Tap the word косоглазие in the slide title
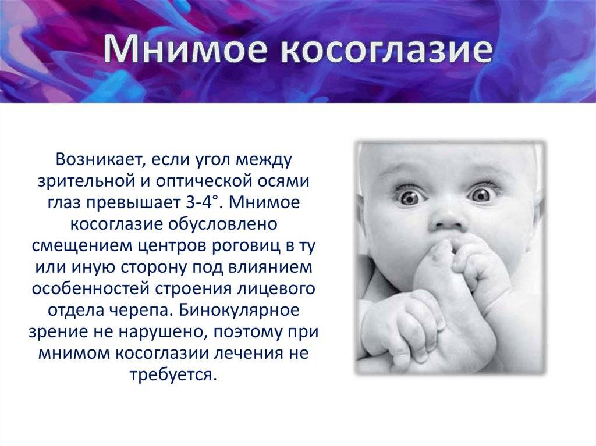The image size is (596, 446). [386, 49]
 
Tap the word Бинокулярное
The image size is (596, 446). [239, 311]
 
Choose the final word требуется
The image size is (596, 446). [173, 376]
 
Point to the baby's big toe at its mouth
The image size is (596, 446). [441, 251]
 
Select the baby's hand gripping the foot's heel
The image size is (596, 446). [403, 327]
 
